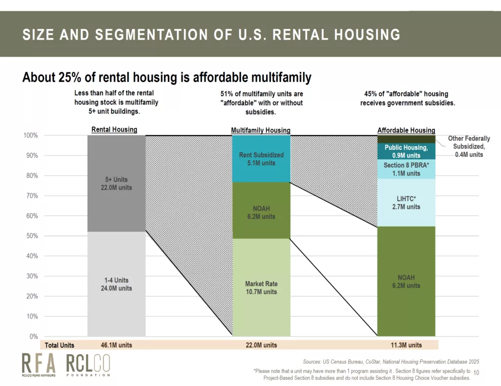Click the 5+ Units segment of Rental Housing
point(116,183)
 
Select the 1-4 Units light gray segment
point(116,284)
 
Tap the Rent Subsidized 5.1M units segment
point(261,159)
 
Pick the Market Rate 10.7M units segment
point(261,287)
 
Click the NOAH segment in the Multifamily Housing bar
point(261,210)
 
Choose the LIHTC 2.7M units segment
point(406,203)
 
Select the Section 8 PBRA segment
point(406,169)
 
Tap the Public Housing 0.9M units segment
point(406,151)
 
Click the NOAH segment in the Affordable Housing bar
point(406,281)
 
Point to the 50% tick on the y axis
point(32,236)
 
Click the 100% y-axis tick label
point(31,136)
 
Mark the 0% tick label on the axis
point(34,337)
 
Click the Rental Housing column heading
point(114,130)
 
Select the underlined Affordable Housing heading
point(406,130)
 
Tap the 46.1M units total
point(116,345)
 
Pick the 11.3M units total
point(406,345)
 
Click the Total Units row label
point(59,345)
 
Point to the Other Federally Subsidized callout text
point(469,146)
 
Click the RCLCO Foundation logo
point(88,365)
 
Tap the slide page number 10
point(476,373)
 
